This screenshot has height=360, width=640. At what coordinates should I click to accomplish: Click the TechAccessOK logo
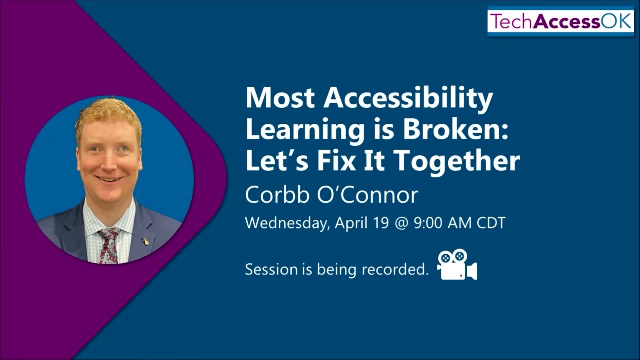click(560, 22)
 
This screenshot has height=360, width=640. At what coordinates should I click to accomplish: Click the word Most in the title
click(280, 98)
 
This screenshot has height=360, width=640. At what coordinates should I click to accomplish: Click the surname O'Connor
click(367, 195)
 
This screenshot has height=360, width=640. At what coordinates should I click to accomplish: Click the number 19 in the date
click(380, 222)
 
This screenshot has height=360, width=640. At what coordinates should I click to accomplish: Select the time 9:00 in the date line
click(428, 222)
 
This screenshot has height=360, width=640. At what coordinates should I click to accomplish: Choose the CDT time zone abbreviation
click(491, 222)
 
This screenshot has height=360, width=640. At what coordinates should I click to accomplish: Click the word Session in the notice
click(271, 270)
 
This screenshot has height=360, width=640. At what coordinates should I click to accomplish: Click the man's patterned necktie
click(109, 245)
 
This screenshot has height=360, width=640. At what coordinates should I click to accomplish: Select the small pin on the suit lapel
click(146, 242)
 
